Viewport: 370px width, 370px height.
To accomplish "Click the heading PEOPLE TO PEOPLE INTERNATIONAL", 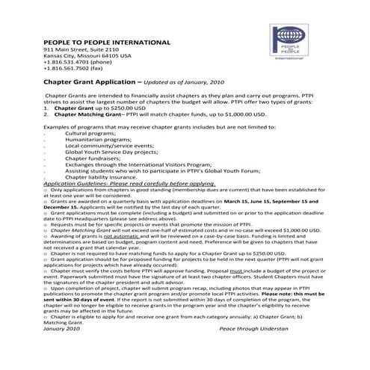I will point(107,42).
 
